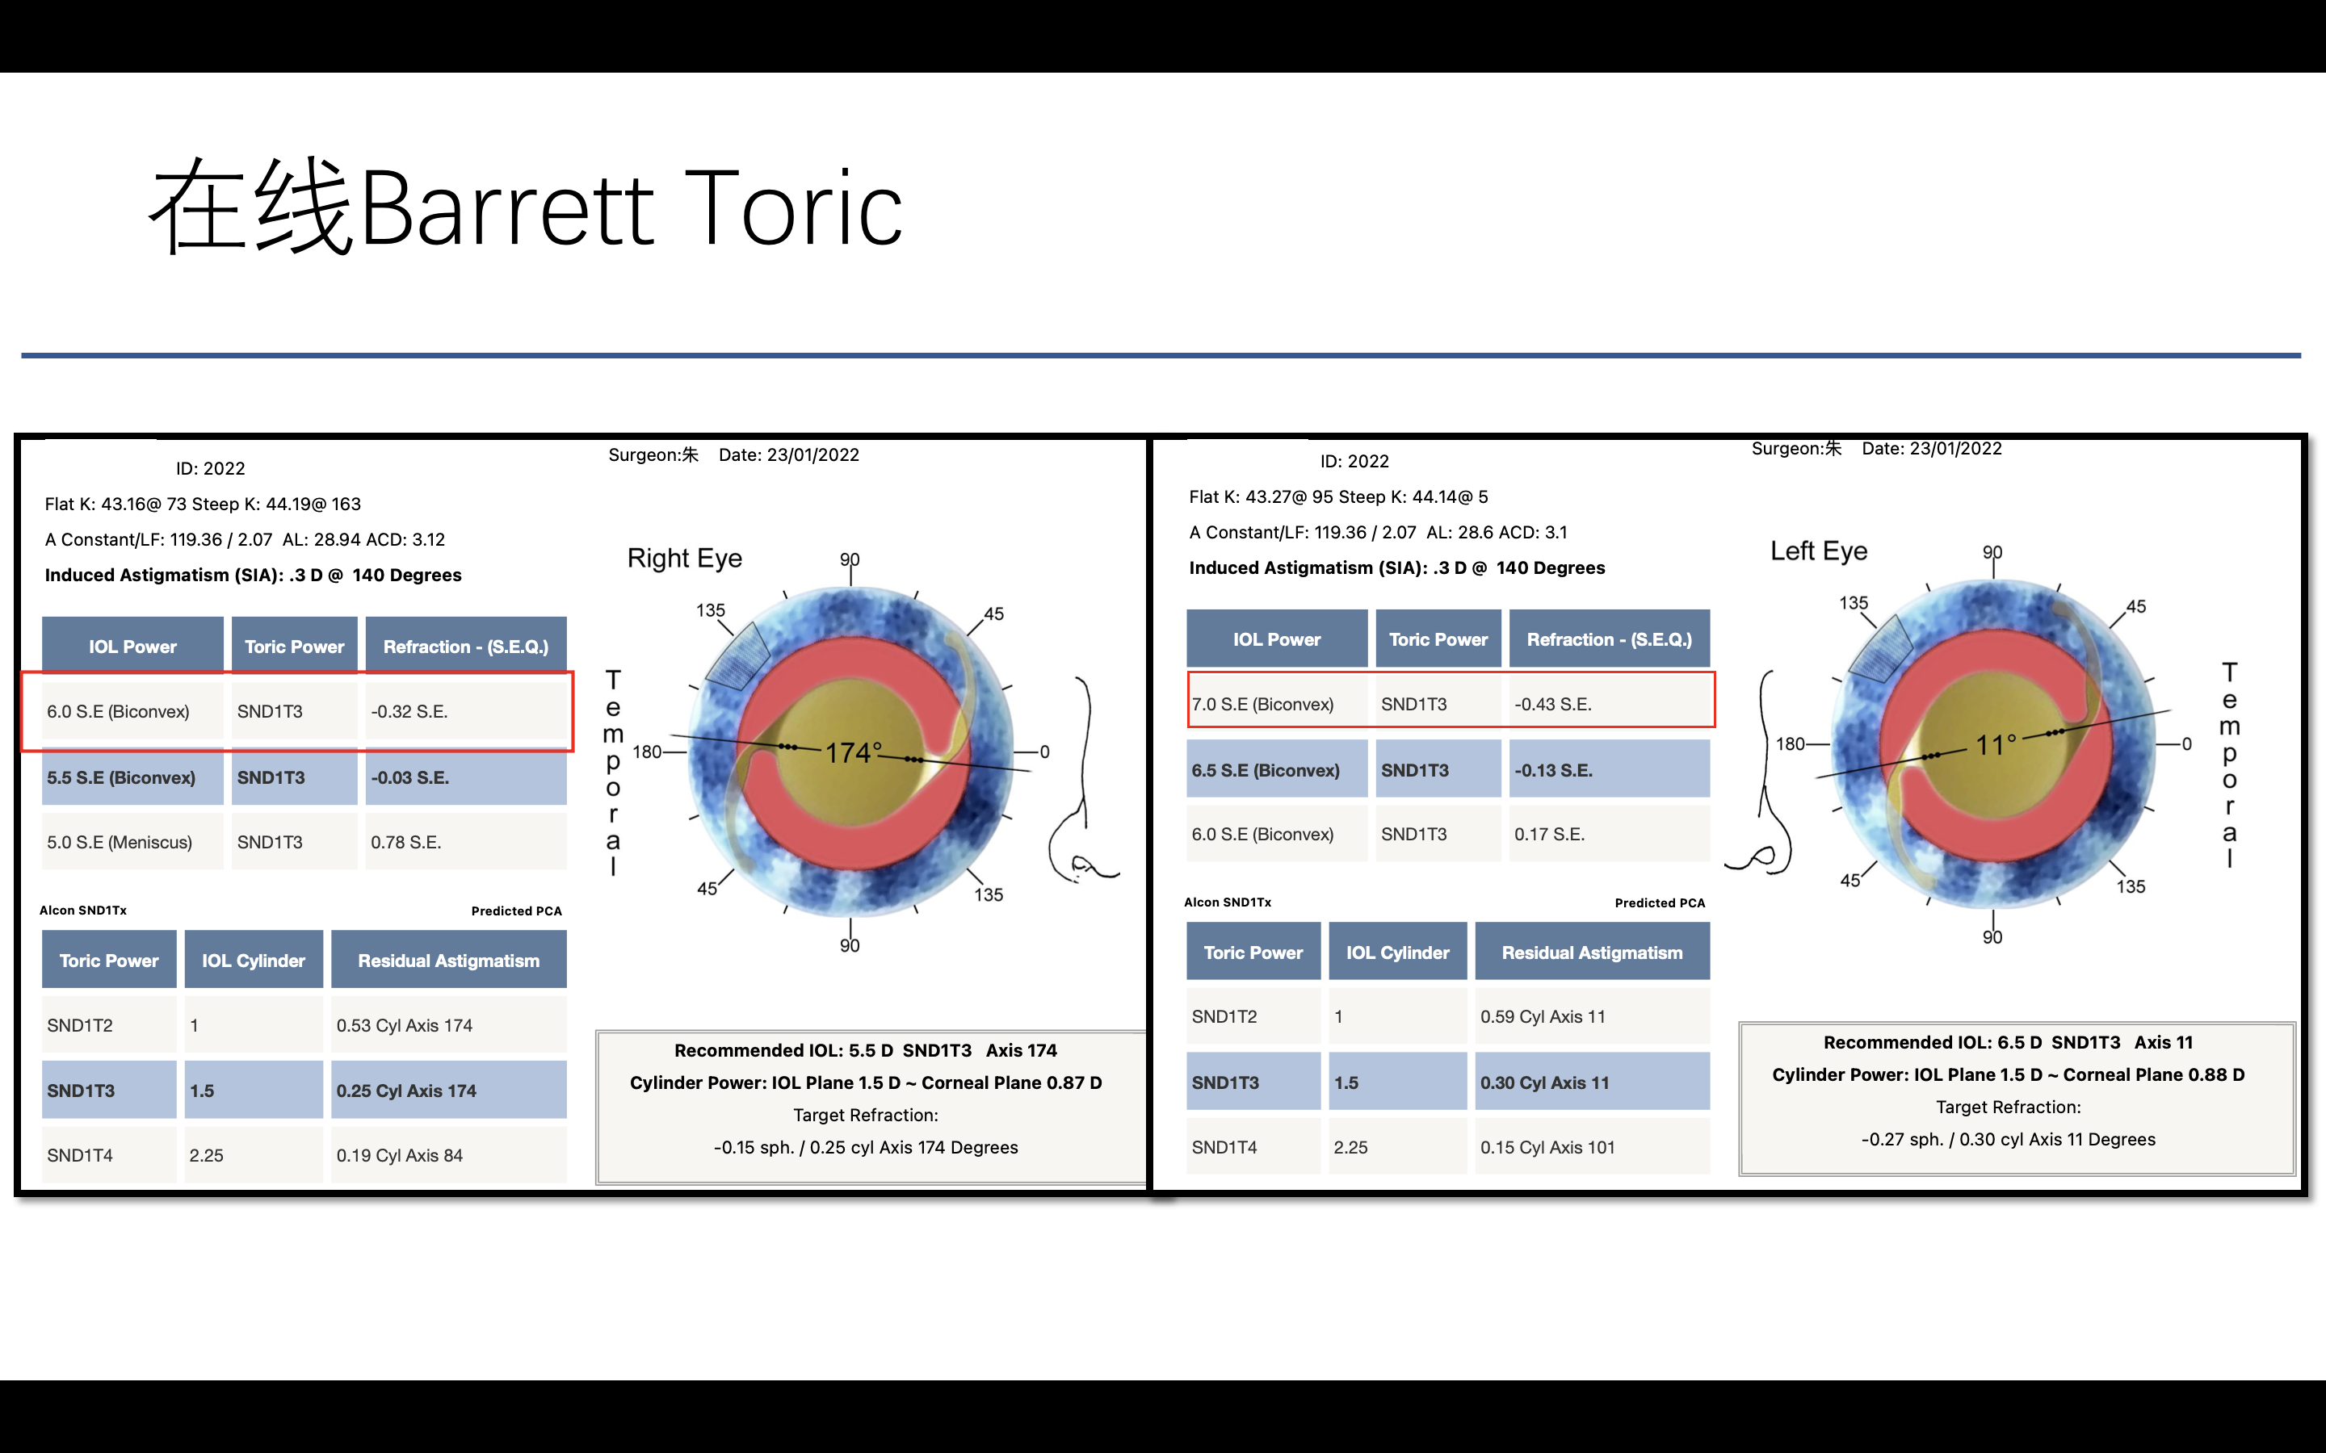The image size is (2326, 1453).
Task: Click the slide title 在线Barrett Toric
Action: (x=526, y=207)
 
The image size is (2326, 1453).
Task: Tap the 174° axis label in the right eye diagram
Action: (x=854, y=752)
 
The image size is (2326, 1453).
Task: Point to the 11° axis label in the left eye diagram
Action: (x=1996, y=745)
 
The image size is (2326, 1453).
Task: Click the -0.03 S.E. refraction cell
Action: (x=466, y=777)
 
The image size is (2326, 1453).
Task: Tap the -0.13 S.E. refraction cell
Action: (x=1609, y=770)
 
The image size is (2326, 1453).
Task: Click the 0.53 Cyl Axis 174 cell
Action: (x=449, y=1025)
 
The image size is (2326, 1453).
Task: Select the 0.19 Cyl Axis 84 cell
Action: (x=449, y=1155)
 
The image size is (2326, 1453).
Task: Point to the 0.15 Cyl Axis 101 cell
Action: (x=1593, y=1147)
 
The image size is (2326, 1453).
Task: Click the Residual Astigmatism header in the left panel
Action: (x=449, y=960)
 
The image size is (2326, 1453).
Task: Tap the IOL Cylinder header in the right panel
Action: (x=1397, y=953)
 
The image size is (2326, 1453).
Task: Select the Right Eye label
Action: (x=684, y=559)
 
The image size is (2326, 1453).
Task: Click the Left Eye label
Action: (x=1819, y=551)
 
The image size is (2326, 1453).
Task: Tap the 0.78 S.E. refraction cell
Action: (x=466, y=842)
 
